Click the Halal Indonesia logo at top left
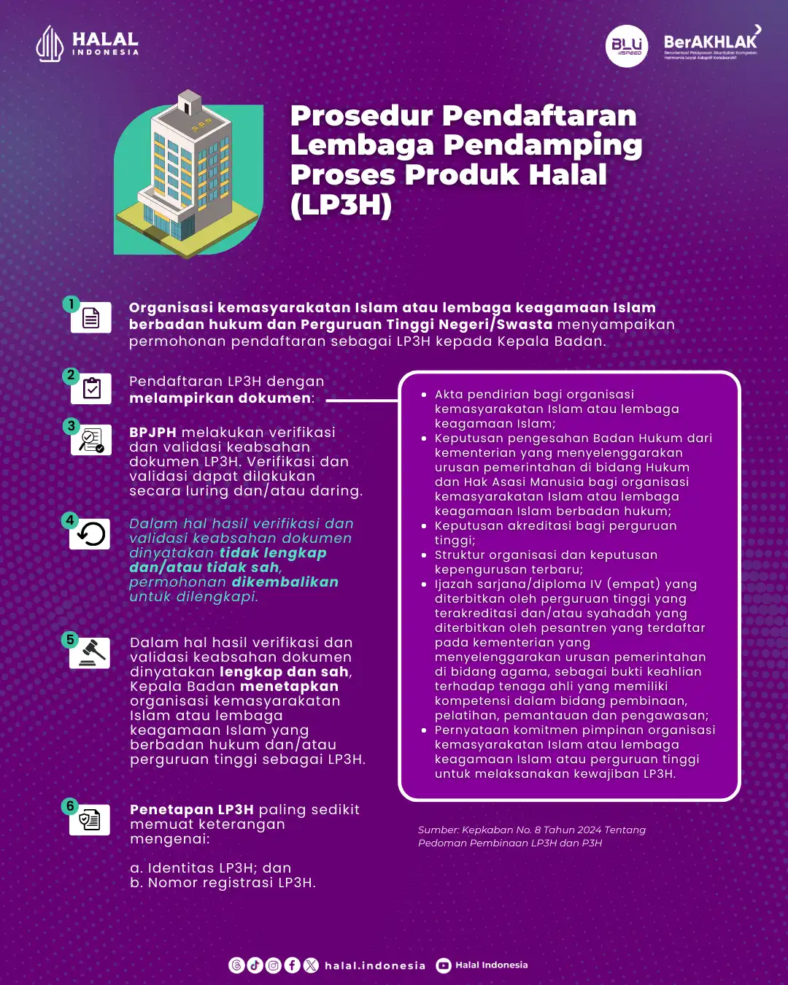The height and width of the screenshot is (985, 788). (x=87, y=44)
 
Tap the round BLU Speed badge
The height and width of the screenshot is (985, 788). (x=627, y=46)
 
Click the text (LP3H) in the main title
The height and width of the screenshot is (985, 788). (x=341, y=205)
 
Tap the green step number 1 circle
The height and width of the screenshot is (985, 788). (x=71, y=304)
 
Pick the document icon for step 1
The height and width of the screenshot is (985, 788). (x=91, y=318)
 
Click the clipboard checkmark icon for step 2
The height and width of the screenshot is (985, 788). (x=92, y=389)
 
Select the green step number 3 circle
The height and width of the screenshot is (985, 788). (x=71, y=426)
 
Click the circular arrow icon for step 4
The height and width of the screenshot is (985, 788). (x=91, y=534)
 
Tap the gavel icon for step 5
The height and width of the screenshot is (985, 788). (x=91, y=653)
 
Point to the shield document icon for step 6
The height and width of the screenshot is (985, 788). (x=90, y=820)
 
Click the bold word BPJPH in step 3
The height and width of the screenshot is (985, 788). (x=152, y=433)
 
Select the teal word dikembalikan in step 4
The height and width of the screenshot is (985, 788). (x=285, y=582)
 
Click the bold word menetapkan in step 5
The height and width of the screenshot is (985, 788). (x=289, y=687)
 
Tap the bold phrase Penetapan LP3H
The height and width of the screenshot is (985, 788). (x=192, y=810)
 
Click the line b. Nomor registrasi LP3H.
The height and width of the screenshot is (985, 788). (x=223, y=883)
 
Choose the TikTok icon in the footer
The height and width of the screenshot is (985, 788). (x=255, y=965)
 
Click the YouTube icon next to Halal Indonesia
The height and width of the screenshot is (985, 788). (x=444, y=965)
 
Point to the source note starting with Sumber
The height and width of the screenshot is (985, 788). (x=531, y=836)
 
